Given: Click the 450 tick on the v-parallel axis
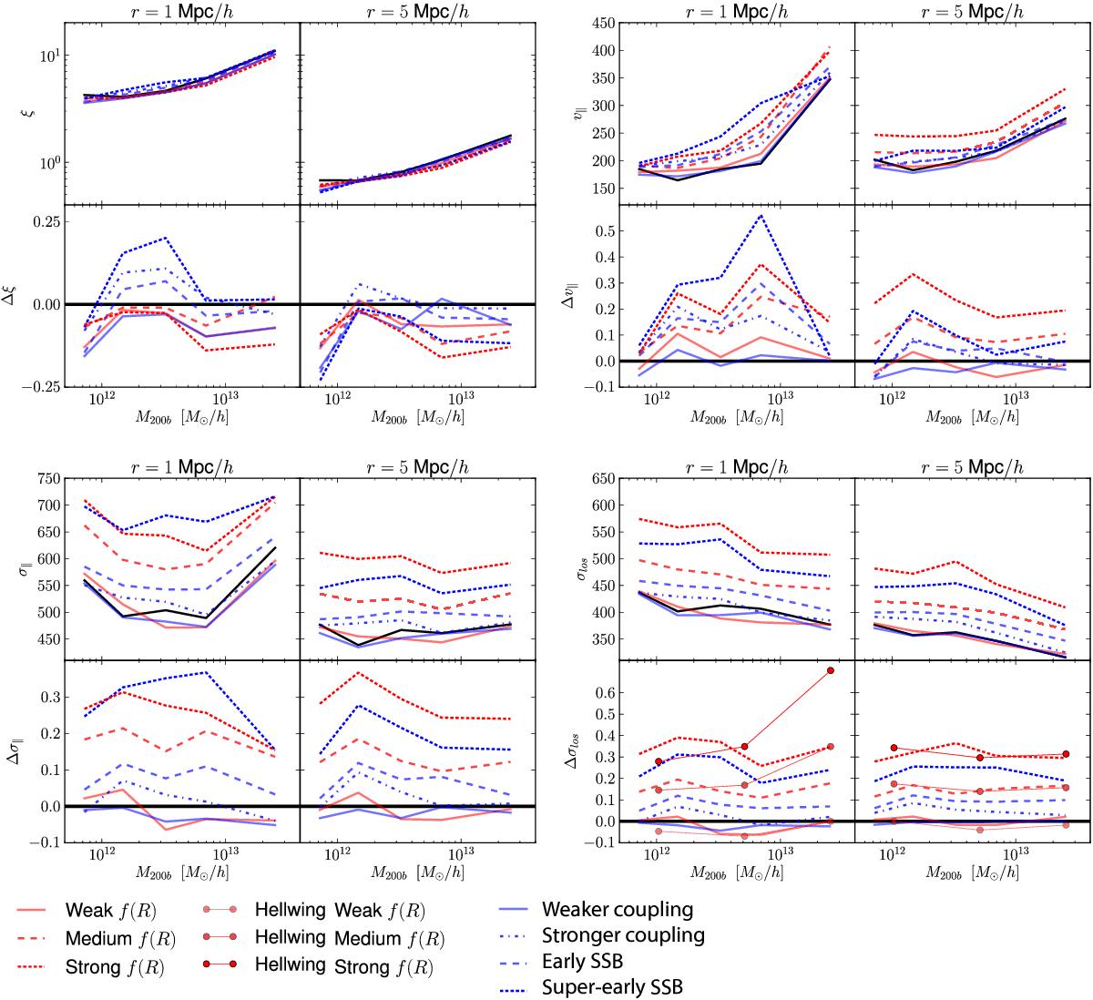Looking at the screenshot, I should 596,23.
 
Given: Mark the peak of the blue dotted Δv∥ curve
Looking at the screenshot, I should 761,216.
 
